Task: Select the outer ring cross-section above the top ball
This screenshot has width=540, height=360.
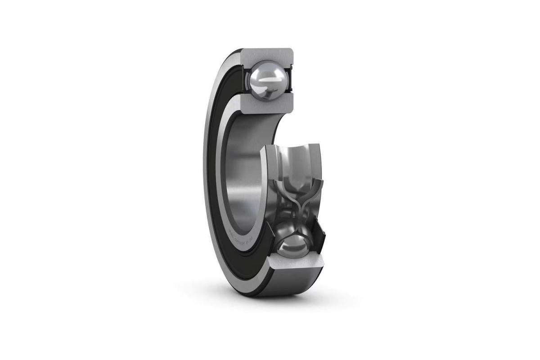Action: coord(268,55)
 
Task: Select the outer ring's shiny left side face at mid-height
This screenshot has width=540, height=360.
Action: coord(207,171)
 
